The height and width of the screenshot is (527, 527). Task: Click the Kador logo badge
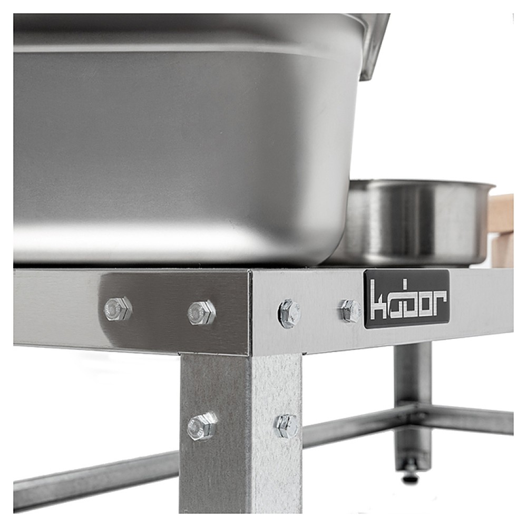(407, 299)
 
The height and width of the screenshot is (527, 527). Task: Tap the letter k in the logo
(377, 300)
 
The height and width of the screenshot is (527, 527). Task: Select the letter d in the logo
(406, 300)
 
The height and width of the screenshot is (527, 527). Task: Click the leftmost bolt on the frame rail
(118, 308)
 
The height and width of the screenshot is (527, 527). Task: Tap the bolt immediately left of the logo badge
(351, 311)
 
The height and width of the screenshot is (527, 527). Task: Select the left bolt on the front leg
(202, 426)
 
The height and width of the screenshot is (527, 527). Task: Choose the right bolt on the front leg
(287, 426)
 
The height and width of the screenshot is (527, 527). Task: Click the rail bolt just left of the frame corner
(201, 313)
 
